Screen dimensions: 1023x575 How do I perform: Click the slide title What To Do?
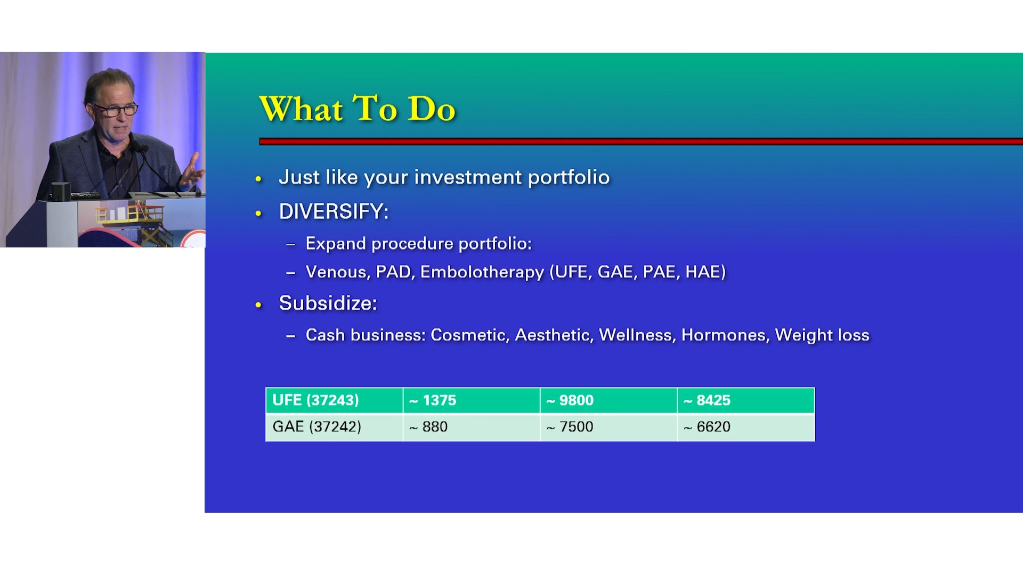click(x=357, y=109)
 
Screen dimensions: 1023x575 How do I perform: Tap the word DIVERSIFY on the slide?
click(x=331, y=211)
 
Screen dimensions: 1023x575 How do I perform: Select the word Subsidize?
click(x=326, y=303)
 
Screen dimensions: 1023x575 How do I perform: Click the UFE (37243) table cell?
click(x=334, y=400)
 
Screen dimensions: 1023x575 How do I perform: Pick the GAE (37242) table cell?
click(x=334, y=427)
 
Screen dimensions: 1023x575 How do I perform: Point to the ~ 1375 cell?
click(x=472, y=400)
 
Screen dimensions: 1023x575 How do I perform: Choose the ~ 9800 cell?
click(x=608, y=400)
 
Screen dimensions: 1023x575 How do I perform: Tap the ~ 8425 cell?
click(x=746, y=400)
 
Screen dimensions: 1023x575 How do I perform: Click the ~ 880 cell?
click(x=472, y=427)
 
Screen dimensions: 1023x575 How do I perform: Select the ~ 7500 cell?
click(x=608, y=427)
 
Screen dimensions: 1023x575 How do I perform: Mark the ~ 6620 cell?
click(x=746, y=427)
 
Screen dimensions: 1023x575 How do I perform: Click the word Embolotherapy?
click(x=482, y=272)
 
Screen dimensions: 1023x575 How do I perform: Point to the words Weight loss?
click(x=822, y=335)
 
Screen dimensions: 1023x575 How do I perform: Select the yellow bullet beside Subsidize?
click(x=258, y=305)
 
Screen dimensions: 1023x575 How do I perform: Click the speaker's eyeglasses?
click(x=116, y=110)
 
